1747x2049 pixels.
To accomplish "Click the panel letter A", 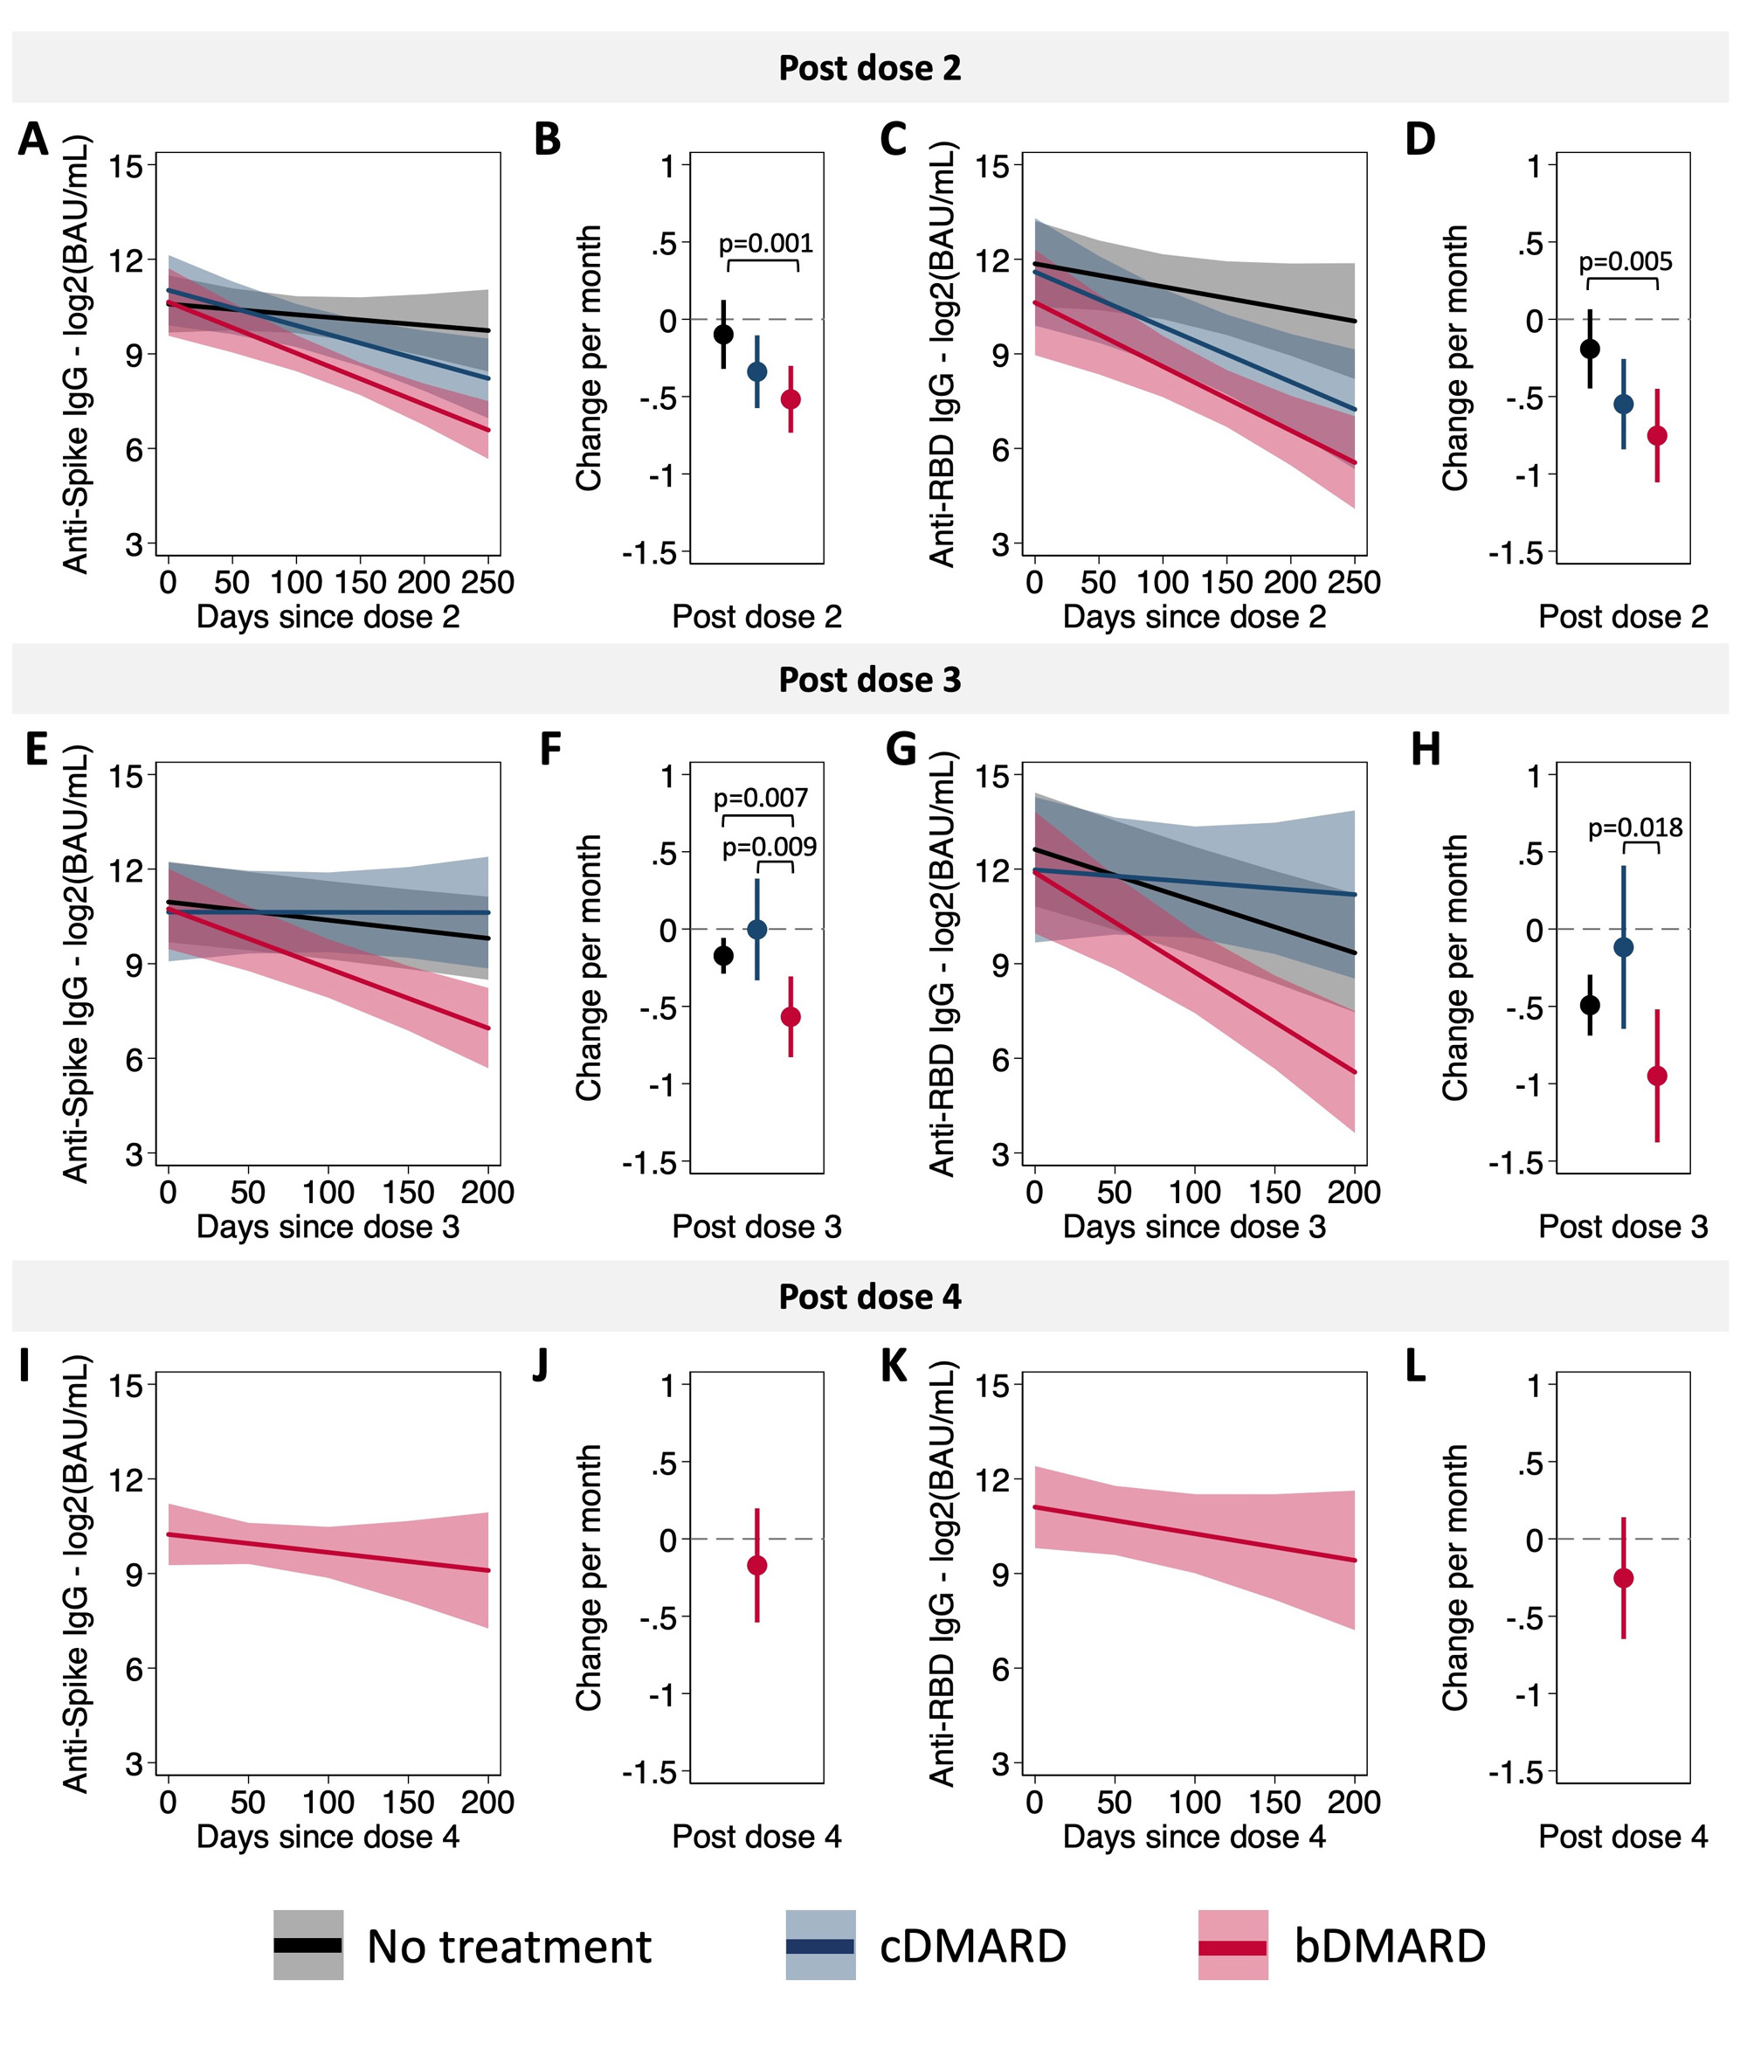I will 32,140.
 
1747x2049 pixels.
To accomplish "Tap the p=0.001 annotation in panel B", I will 765,243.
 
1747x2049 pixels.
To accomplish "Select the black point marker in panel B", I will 724,335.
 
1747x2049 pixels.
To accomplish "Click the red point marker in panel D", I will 1657,435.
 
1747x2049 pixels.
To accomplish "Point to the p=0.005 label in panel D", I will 1626,262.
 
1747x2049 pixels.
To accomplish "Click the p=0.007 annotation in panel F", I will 760,798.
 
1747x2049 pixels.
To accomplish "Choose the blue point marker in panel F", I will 757,930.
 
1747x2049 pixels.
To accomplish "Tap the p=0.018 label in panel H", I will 1635,827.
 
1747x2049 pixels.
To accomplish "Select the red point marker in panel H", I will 1657,1076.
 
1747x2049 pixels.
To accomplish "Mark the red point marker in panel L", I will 1624,1578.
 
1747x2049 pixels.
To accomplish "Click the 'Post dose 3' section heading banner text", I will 870,681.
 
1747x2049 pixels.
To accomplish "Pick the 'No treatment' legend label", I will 509,1947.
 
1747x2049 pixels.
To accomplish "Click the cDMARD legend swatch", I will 819,1945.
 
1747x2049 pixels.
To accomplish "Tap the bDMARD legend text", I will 1390,1946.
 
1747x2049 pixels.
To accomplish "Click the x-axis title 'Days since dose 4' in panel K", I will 1194,1838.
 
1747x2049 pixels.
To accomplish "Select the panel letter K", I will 894,1366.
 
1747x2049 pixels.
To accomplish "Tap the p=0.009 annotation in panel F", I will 770,848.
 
